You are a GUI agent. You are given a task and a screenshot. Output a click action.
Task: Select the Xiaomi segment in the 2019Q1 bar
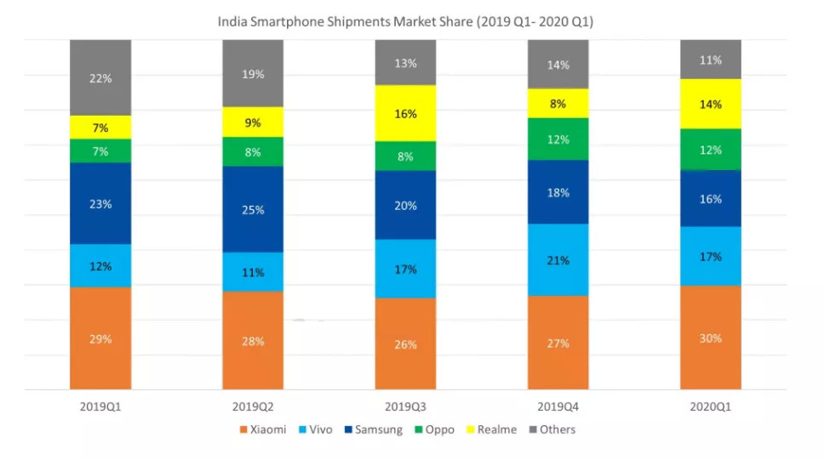(x=100, y=338)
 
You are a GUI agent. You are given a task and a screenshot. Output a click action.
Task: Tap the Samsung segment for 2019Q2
(x=253, y=209)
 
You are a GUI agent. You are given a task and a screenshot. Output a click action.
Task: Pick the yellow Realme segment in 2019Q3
(x=405, y=113)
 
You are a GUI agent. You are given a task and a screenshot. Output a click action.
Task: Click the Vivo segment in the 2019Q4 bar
(x=558, y=259)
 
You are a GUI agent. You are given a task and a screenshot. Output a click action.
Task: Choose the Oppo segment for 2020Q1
(x=710, y=150)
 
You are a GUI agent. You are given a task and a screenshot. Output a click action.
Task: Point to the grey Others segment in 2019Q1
(x=100, y=77)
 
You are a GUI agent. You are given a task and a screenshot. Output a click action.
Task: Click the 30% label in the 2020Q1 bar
(x=710, y=338)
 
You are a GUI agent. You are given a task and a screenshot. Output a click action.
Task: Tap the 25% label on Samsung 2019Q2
(x=253, y=210)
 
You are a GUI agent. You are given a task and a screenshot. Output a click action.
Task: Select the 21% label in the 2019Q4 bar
(x=558, y=260)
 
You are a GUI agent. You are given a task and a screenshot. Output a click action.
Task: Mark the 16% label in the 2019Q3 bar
(x=405, y=114)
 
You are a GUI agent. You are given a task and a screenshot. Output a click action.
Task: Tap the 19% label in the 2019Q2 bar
(x=253, y=74)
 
